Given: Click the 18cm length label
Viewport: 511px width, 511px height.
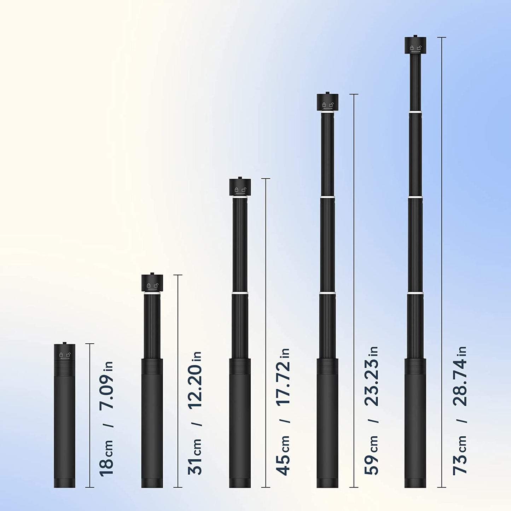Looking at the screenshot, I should [107, 458].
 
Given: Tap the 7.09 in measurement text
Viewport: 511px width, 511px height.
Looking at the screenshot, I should [107, 385].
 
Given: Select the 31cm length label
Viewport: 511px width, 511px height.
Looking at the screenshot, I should [195, 456].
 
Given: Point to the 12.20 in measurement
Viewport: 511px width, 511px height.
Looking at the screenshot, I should [195, 380].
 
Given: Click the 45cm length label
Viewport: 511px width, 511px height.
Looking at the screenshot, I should [284, 456].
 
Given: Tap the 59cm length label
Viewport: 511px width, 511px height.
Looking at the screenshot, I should [372, 456].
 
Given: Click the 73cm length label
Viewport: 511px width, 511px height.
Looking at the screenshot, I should [460, 456].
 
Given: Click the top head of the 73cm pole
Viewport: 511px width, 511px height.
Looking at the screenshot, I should [415, 45].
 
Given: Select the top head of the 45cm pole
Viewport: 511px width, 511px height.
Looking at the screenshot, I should [240, 187].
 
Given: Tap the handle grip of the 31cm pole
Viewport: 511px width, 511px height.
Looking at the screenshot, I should [152, 423].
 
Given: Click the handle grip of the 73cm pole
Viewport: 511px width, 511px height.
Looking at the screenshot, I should [415, 423].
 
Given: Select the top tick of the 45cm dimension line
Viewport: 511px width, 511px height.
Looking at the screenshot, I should [266, 179].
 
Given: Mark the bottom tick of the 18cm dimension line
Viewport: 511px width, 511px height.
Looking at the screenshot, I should [90, 487].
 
